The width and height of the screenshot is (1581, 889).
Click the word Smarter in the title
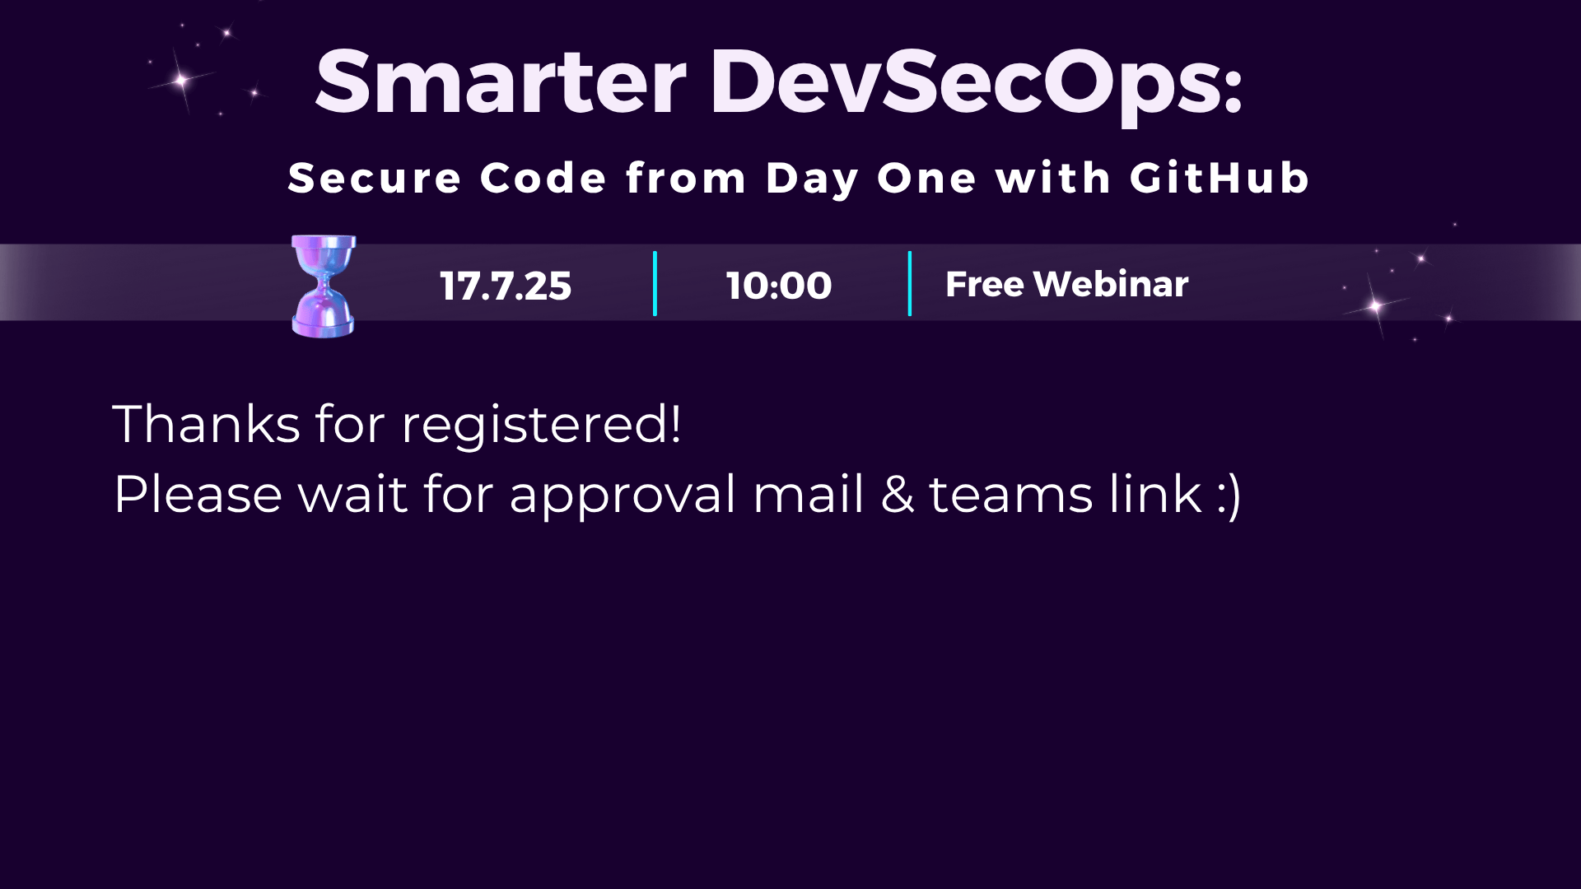click(x=501, y=81)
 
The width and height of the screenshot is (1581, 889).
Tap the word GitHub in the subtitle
click(x=1220, y=178)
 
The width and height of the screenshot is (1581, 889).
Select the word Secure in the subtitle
click(x=375, y=178)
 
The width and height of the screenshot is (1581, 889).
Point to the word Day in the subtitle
click(x=812, y=179)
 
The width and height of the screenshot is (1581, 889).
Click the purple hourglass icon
click(x=324, y=286)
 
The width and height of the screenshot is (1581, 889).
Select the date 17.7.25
click(x=506, y=286)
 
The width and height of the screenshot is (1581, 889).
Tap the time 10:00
click(x=779, y=286)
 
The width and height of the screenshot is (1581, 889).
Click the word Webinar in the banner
click(x=1111, y=284)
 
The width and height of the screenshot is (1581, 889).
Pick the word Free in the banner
click(x=985, y=284)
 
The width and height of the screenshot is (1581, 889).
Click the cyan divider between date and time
click(x=655, y=284)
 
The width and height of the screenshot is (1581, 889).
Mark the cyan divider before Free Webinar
click(x=909, y=284)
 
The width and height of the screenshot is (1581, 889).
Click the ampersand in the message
click(x=897, y=495)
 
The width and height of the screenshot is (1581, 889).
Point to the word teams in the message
click(x=1011, y=496)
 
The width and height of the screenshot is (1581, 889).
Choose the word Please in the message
click(x=198, y=495)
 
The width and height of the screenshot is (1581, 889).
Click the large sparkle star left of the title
click(x=182, y=80)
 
